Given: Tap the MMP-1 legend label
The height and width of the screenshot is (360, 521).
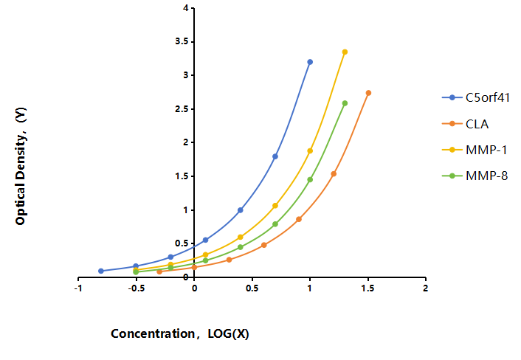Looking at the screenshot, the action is (x=486, y=150).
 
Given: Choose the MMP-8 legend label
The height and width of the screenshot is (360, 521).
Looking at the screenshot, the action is (x=487, y=176).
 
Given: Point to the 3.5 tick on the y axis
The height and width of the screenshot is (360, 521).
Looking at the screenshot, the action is (x=182, y=41).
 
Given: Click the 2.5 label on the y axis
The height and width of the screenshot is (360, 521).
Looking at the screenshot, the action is (x=182, y=109).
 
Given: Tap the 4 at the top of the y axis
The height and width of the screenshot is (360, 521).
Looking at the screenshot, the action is (x=185, y=7).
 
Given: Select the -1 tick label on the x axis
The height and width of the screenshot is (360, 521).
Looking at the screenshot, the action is (x=78, y=288).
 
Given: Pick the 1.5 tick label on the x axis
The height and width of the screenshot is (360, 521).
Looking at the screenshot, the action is (x=368, y=288).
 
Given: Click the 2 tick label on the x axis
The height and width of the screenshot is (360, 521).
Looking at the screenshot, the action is (x=426, y=288).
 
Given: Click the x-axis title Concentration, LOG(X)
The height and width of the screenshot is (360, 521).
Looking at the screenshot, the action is (x=180, y=333).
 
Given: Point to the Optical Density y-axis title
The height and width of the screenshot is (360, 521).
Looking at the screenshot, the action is (x=21, y=166).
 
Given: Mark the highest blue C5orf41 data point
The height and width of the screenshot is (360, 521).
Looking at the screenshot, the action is (x=310, y=62).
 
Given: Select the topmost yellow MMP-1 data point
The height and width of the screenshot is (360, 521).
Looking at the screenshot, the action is (x=345, y=52).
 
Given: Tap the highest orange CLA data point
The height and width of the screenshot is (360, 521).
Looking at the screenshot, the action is (x=368, y=93).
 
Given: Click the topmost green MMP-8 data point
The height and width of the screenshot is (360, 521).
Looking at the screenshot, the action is (x=345, y=103).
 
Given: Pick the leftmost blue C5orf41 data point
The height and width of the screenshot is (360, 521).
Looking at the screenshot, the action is (x=101, y=271).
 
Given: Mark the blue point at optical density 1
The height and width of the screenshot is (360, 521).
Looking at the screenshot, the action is (x=241, y=210).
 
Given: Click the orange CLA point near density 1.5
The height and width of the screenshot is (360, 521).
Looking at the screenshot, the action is (x=334, y=173).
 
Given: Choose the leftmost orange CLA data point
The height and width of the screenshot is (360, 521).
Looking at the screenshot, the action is (x=159, y=271).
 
